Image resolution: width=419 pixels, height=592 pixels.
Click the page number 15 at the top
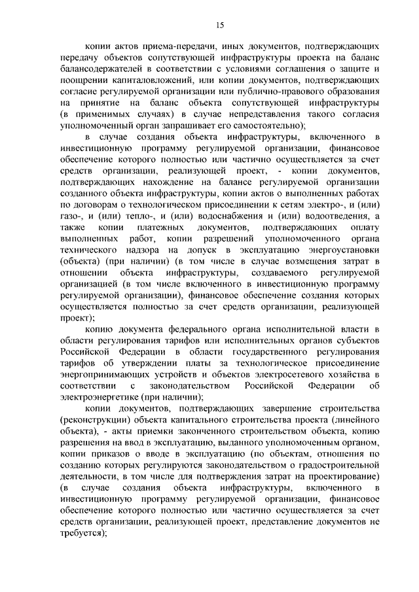coord(219,25)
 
